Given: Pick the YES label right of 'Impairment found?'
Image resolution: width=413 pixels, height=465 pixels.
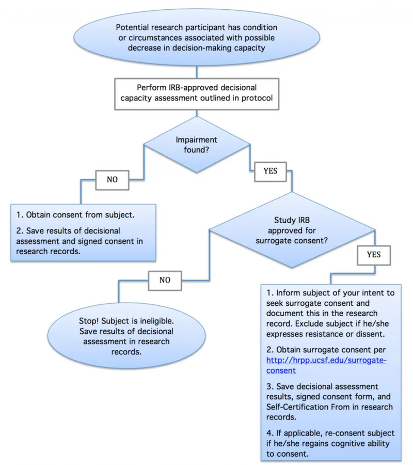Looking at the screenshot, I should tap(271, 171).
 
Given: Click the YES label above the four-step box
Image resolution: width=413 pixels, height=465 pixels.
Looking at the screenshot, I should tap(373, 255).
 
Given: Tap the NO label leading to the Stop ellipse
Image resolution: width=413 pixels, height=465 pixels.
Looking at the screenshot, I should tap(165, 280).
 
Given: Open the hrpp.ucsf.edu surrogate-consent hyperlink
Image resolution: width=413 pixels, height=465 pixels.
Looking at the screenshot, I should tap(326, 365).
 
